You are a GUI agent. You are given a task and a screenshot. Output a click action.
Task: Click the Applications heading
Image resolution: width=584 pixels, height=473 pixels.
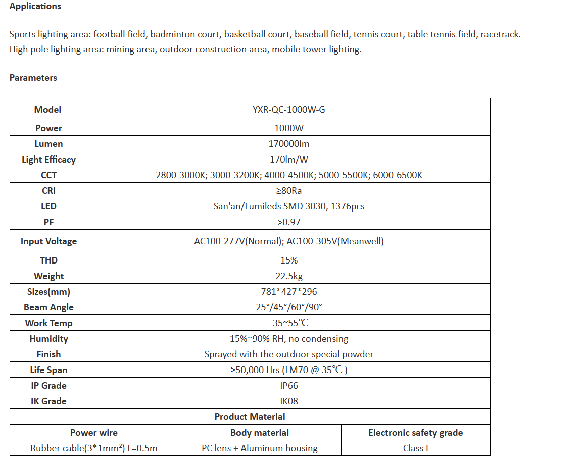[35, 7]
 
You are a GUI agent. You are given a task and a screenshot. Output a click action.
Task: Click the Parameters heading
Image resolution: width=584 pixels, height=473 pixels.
[33, 78]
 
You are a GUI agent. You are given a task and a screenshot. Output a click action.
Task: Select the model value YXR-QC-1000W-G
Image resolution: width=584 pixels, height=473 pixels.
[288, 110]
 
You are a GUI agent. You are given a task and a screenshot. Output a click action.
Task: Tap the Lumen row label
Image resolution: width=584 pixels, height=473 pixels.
[48, 144]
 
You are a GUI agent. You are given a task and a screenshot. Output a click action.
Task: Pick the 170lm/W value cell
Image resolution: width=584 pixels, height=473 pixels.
[288, 160]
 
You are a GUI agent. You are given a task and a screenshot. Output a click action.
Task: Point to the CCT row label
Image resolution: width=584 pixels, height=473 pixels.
[48, 175]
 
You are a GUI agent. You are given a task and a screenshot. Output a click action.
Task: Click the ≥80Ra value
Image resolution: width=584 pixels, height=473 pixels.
[288, 191]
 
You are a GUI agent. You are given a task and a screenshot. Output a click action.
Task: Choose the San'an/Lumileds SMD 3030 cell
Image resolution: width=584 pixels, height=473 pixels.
[288, 206]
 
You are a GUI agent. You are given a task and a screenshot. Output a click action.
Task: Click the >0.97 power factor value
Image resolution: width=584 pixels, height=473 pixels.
[288, 222]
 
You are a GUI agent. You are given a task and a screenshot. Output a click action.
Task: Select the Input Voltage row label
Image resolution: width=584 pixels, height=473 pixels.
[48, 241]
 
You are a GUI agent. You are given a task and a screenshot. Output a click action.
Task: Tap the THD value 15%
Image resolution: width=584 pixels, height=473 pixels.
[288, 260]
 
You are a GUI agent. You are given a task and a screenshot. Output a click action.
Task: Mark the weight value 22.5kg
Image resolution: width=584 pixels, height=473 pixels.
[288, 276]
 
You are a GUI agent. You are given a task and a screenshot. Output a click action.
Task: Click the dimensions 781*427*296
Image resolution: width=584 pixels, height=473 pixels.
[288, 292]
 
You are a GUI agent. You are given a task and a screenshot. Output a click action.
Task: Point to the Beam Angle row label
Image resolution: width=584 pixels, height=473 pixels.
[48, 307]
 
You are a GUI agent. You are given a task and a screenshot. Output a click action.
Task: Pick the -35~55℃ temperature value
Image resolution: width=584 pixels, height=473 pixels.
[288, 323]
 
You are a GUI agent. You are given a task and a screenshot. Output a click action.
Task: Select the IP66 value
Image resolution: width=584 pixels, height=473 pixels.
[288, 386]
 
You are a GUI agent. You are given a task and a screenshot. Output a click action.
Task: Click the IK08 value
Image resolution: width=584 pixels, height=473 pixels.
[288, 401]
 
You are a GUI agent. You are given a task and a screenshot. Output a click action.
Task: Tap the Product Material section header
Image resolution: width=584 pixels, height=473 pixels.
[250, 417]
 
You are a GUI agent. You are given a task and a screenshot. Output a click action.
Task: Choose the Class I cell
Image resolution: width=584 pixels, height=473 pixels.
[415, 448]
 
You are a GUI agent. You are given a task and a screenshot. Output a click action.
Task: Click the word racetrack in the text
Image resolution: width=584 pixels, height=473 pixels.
[500, 35]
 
